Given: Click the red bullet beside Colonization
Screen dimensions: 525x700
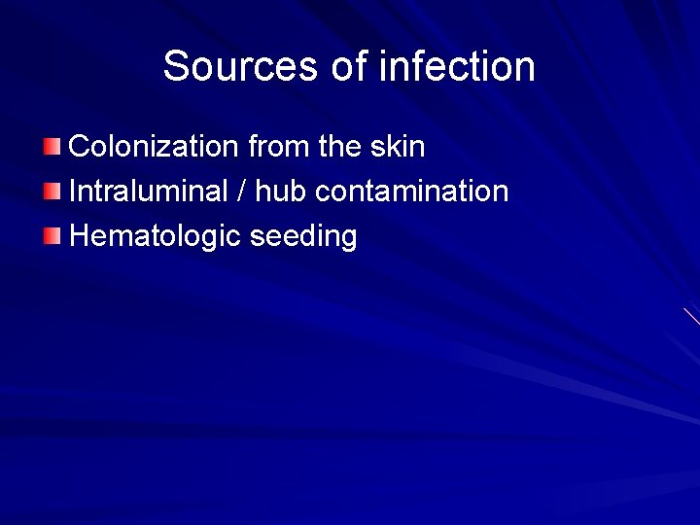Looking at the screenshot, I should (52, 148).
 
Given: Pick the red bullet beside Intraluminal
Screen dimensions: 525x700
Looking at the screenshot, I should (52, 192).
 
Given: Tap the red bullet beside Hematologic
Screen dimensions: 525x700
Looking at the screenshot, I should (52, 235).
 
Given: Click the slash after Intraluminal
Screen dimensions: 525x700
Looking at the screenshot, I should (241, 192).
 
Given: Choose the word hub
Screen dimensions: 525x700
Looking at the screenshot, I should (281, 191).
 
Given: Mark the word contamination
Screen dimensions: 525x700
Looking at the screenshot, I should (412, 191).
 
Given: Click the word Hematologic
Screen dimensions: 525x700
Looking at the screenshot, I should (156, 236).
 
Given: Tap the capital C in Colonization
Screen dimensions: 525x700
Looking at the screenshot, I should (80, 147).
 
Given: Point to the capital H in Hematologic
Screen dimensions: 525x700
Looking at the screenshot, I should (80, 235).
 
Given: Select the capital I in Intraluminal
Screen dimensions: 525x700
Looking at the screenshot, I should (74, 191).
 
